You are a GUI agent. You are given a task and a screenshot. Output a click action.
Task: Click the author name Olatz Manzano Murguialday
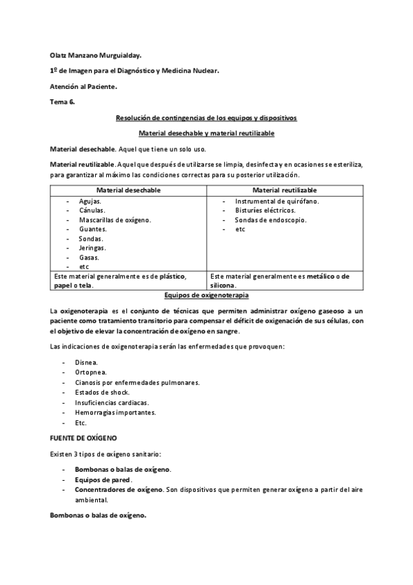(99, 54)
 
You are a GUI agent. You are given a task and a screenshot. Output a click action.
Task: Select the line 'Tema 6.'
(63, 102)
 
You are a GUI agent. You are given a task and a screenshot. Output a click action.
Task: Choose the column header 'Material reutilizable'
(285, 190)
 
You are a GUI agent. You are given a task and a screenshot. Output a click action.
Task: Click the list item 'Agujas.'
(91, 201)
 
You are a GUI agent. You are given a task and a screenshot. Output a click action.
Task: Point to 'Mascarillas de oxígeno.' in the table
(114, 219)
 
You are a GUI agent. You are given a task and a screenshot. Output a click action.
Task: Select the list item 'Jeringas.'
(92, 247)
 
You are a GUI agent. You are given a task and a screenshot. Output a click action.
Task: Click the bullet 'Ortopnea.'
(90, 372)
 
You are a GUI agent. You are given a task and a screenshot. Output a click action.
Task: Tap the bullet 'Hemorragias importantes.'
(115, 412)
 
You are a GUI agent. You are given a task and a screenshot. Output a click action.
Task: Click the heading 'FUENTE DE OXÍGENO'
(83, 437)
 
